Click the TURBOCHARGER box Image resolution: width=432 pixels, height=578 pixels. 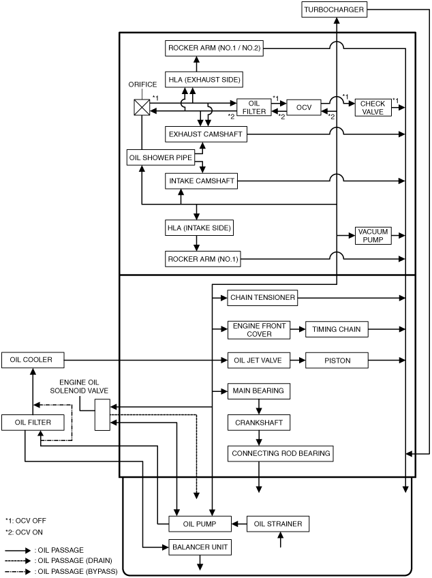pyautogui.click(x=334, y=10)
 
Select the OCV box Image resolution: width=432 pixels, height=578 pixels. pyautogui.click(x=304, y=107)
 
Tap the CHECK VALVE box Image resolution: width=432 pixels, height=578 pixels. pyautogui.click(x=373, y=108)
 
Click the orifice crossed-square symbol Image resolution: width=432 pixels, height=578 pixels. pyautogui.click(x=142, y=107)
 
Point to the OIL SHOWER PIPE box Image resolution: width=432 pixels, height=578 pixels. pyautogui.click(x=161, y=157)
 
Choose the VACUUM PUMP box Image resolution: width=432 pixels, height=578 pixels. pyautogui.click(x=373, y=236)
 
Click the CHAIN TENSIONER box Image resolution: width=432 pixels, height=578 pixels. pyautogui.click(x=262, y=297)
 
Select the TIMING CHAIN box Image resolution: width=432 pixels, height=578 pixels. pyautogui.click(x=337, y=329)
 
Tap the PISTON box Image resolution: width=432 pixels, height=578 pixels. pyautogui.click(x=337, y=361)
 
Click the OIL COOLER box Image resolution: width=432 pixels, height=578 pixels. pyautogui.click(x=33, y=360)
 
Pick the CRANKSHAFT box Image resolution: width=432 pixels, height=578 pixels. pyautogui.click(x=259, y=423)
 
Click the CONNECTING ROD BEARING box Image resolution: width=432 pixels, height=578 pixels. pyautogui.click(x=281, y=453)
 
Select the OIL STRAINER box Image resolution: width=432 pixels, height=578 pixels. pyautogui.click(x=278, y=523)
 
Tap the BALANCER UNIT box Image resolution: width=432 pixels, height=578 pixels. pyautogui.click(x=200, y=547)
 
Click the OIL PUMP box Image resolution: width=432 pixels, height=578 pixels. pyautogui.click(x=200, y=523)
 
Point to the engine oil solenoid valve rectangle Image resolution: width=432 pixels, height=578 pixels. pyautogui.click(x=102, y=414)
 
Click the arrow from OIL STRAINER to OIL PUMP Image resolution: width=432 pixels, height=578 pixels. pyautogui.click(x=239, y=523)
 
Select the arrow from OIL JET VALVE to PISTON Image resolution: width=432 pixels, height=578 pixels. pyautogui.click(x=298, y=361)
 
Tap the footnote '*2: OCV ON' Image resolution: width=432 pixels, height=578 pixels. pyautogui.click(x=24, y=532)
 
